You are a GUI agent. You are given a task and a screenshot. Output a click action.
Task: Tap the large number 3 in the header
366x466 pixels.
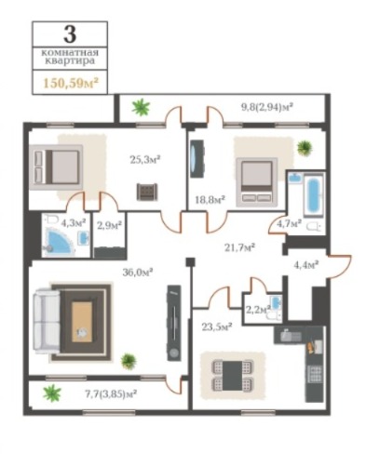tap(70, 33)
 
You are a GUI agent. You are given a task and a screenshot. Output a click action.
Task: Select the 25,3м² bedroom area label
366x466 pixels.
tap(145, 160)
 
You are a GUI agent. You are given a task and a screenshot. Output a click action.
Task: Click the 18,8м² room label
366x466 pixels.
tap(210, 199)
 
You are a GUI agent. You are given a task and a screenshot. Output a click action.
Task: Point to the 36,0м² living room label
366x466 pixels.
tap(138, 273)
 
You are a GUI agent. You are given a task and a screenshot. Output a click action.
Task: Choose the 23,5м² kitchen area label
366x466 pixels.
tap(217, 326)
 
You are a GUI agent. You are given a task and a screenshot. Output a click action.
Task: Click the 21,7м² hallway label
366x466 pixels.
tap(239, 247)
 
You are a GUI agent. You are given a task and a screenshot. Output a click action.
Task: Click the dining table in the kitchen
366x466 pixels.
tap(233, 375)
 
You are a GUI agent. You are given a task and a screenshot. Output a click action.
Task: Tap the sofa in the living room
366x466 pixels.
tap(47, 321)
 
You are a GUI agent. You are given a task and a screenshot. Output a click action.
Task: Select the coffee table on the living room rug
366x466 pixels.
tap(82, 322)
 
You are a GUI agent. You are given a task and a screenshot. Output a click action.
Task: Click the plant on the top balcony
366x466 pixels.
tap(142, 107)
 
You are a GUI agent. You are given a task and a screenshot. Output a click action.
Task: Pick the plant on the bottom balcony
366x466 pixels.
tap(52, 393)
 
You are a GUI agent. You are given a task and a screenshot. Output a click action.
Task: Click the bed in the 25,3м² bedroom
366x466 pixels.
tap(59, 167)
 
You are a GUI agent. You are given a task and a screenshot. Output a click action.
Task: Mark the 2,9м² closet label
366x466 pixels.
tap(109, 225)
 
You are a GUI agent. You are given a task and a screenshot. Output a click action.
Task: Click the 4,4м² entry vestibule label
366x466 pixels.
tap(306, 265)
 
